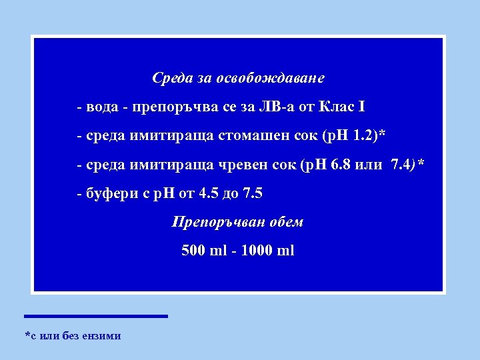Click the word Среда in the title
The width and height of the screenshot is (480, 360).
pyautogui.click(x=172, y=78)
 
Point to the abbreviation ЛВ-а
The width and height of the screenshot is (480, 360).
pyautogui.click(x=266, y=107)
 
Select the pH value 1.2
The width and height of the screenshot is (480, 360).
pyautogui.click(x=364, y=136)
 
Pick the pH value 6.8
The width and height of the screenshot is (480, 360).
pyautogui.click(x=336, y=165)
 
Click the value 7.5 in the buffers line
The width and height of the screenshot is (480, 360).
pyautogui.click(x=253, y=194)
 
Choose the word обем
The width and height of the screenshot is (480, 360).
pyautogui.click(x=285, y=222)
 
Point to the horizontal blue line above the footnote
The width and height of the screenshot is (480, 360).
pyautogui.click(x=96, y=316)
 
